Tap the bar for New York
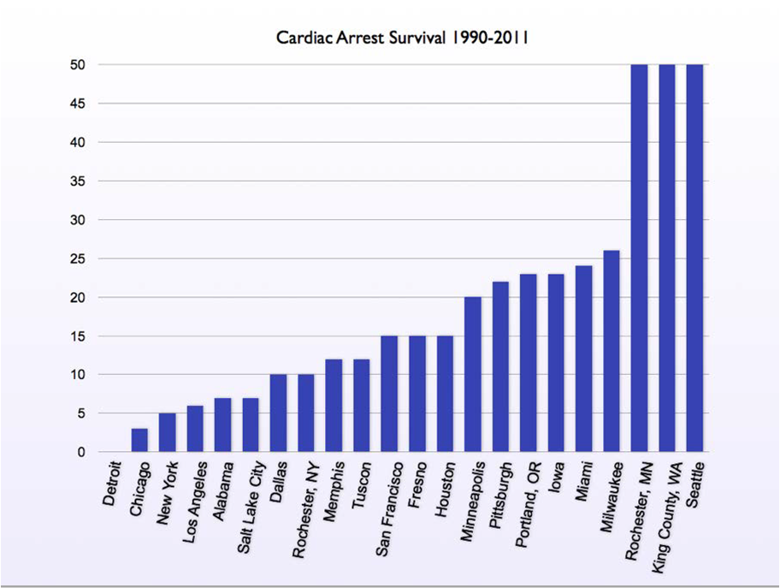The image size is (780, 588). click(167, 432)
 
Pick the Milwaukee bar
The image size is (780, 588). click(612, 351)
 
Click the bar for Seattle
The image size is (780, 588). click(694, 257)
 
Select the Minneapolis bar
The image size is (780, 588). click(473, 374)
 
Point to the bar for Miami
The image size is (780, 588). click(584, 359)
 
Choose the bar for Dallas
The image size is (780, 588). click(278, 413)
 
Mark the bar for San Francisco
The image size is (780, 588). click(389, 394)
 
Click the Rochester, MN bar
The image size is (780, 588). click(639, 257)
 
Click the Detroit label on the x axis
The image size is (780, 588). click(114, 484)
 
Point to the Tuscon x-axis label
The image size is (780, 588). click(363, 484)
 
